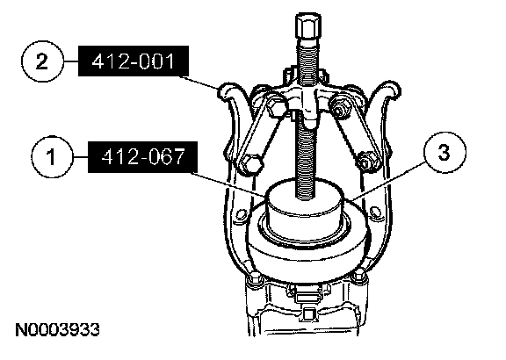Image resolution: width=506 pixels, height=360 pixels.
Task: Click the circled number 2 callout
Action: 41,61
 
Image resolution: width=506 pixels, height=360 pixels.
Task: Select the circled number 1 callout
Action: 52,157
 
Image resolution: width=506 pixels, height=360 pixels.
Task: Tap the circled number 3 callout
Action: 445,152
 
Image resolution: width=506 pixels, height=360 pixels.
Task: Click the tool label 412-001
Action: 134,61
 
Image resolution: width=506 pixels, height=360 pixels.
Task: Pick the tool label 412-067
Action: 142,157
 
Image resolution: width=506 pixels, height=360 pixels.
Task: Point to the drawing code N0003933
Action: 57,330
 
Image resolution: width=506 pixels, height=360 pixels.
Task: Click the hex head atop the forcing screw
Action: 307,25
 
